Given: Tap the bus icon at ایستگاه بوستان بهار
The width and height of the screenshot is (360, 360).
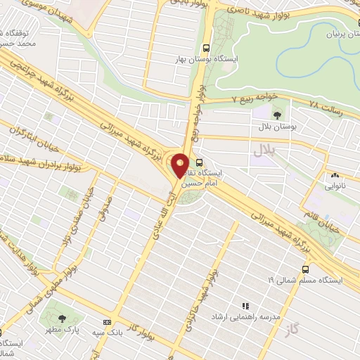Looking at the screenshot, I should [205, 49].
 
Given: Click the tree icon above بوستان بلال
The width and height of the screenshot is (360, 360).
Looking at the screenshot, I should [276, 112].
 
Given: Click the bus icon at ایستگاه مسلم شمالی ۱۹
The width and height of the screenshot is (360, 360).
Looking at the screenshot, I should [305, 269].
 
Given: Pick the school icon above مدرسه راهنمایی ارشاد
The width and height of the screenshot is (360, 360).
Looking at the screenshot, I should [245, 306].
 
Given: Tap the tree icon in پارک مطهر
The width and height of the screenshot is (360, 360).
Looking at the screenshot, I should [63, 318].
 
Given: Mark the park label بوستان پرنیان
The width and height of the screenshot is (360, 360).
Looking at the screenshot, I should [337, 33].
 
